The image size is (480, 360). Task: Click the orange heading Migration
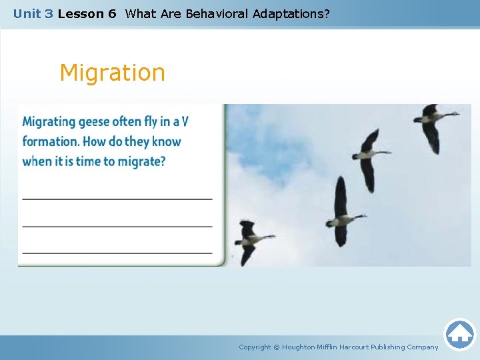click(x=113, y=73)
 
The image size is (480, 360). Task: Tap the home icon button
click(x=459, y=335)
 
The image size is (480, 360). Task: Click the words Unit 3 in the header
click(x=33, y=14)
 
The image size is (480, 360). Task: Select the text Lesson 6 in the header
click(x=87, y=14)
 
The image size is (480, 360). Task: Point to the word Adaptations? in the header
click(x=291, y=14)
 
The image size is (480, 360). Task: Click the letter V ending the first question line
click(x=185, y=121)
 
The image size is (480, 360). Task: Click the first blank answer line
click(x=117, y=199)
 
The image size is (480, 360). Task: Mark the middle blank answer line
click(x=117, y=227)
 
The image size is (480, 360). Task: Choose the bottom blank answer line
click(x=117, y=253)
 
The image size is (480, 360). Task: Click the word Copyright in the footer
click(x=255, y=347)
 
